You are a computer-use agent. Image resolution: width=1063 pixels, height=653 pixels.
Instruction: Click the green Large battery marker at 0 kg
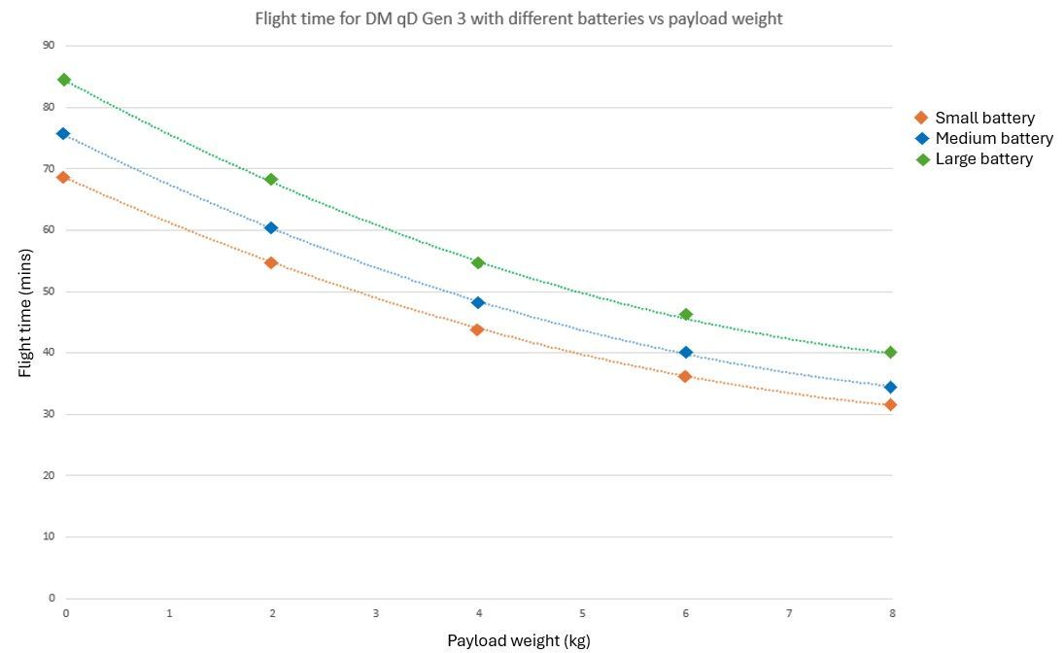64,80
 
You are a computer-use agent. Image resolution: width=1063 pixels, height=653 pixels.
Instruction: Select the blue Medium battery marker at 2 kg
271,227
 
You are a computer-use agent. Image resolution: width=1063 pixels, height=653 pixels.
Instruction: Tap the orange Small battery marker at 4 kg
477,329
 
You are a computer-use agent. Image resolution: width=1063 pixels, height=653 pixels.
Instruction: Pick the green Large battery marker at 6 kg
685,315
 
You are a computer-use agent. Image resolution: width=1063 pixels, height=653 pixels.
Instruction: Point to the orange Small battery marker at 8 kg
890,404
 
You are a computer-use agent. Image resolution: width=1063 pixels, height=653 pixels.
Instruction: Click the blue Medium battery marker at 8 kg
890,387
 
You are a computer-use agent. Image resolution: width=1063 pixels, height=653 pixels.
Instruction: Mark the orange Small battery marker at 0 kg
64,177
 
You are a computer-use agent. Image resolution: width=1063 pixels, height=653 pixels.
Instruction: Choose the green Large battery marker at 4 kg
477,262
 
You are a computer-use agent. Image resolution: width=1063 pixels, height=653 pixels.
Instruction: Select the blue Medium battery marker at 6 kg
685,352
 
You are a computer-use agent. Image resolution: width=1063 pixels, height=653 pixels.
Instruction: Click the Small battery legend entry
983,118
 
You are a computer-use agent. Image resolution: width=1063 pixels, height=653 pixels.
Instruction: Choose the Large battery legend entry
982,158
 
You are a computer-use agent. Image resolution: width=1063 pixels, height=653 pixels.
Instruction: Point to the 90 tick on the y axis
48,45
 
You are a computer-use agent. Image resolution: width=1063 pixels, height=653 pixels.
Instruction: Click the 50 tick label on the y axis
48,292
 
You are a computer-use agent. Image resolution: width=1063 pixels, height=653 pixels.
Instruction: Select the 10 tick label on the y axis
48,536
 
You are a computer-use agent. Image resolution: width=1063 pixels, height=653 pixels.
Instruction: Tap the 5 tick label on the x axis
582,613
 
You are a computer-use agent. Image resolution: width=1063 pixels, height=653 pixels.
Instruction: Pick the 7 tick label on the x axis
789,613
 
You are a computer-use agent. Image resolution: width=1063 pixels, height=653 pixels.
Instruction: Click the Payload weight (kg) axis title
518,640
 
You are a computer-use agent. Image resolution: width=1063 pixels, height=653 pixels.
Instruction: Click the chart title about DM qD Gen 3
518,18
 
